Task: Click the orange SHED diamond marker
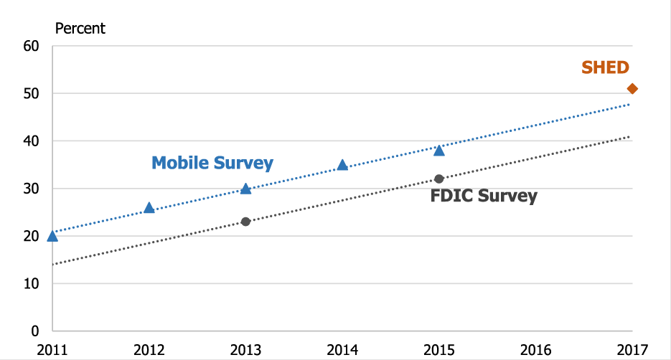pos(632,88)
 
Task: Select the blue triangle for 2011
pos(52,236)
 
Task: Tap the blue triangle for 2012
pos(149,208)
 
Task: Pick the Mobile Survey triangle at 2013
pos(245,189)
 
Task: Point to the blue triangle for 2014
pos(342,165)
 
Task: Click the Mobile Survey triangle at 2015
pos(439,151)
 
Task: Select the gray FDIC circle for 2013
pos(245,222)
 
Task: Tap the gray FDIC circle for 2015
pos(439,179)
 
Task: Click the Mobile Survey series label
pos(212,163)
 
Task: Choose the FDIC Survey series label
pos(484,196)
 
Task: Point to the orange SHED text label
pos(605,68)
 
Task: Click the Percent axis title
pos(80,29)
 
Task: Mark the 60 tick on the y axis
pos(31,47)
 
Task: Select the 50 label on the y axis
pos(31,94)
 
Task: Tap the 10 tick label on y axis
pos(31,284)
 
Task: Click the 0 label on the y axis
pos(34,331)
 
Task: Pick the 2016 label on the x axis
pos(535,349)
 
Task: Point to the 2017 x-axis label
pos(632,349)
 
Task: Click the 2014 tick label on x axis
pos(342,349)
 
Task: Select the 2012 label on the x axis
pos(149,349)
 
